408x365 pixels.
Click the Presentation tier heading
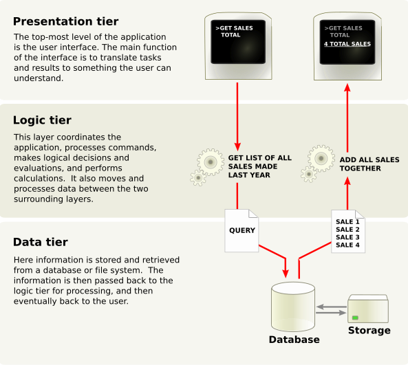click(65, 21)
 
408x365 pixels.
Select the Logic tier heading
click(42, 120)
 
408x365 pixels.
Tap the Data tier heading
click(41, 242)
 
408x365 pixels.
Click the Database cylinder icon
click(293, 307)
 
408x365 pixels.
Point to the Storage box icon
click(368, 309)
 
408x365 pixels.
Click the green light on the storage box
click(355, 318)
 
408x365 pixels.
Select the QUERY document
click(241, 230)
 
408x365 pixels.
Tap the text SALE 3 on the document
click(347, 237)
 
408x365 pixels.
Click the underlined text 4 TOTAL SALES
click(347, 44)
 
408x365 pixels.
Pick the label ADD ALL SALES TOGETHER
click(369, 164)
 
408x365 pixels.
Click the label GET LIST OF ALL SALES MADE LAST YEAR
click(259, 166)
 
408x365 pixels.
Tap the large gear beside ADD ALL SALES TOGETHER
click(321, 158)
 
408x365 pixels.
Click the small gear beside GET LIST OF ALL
click(198, 178)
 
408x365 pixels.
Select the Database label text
click(294, 340)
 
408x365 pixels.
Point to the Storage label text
click(369, 331)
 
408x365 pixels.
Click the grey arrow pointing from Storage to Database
click(332, 307)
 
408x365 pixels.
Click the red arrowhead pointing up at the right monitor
click(347, 87)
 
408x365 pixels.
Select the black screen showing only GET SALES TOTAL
click(238, 42)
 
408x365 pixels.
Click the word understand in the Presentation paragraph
click(39, 78)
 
